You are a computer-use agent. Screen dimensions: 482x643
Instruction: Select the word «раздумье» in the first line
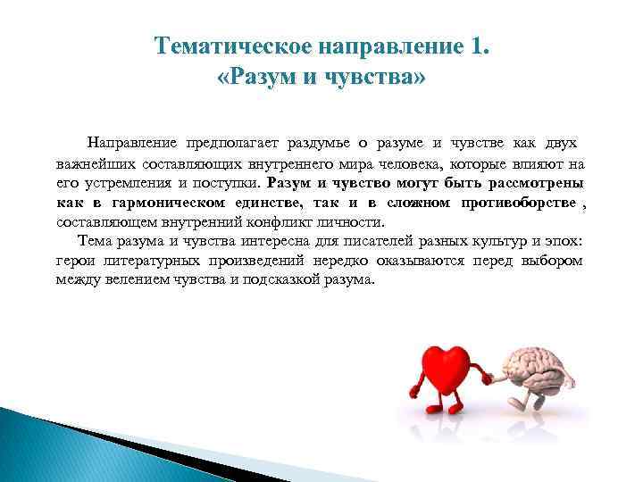pos(319,144)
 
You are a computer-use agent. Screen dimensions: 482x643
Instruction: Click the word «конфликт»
pos(268,222)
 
